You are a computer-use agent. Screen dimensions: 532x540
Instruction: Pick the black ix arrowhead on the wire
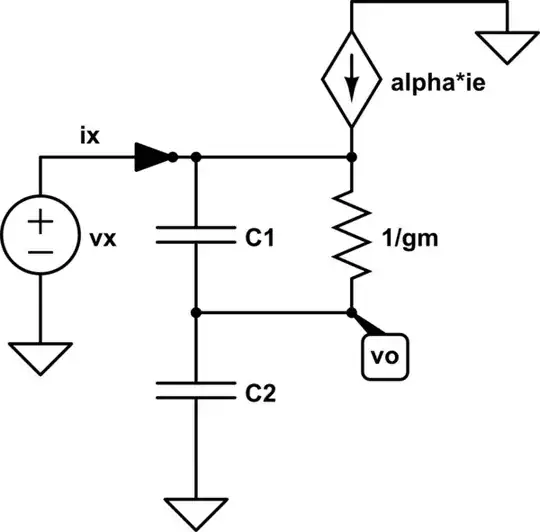point(152,156)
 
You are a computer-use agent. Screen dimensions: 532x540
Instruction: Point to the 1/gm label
point(411,241)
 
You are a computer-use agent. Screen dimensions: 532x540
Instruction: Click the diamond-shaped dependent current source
point(352,84)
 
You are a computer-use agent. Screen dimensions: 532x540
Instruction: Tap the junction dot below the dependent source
point(352,157)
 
